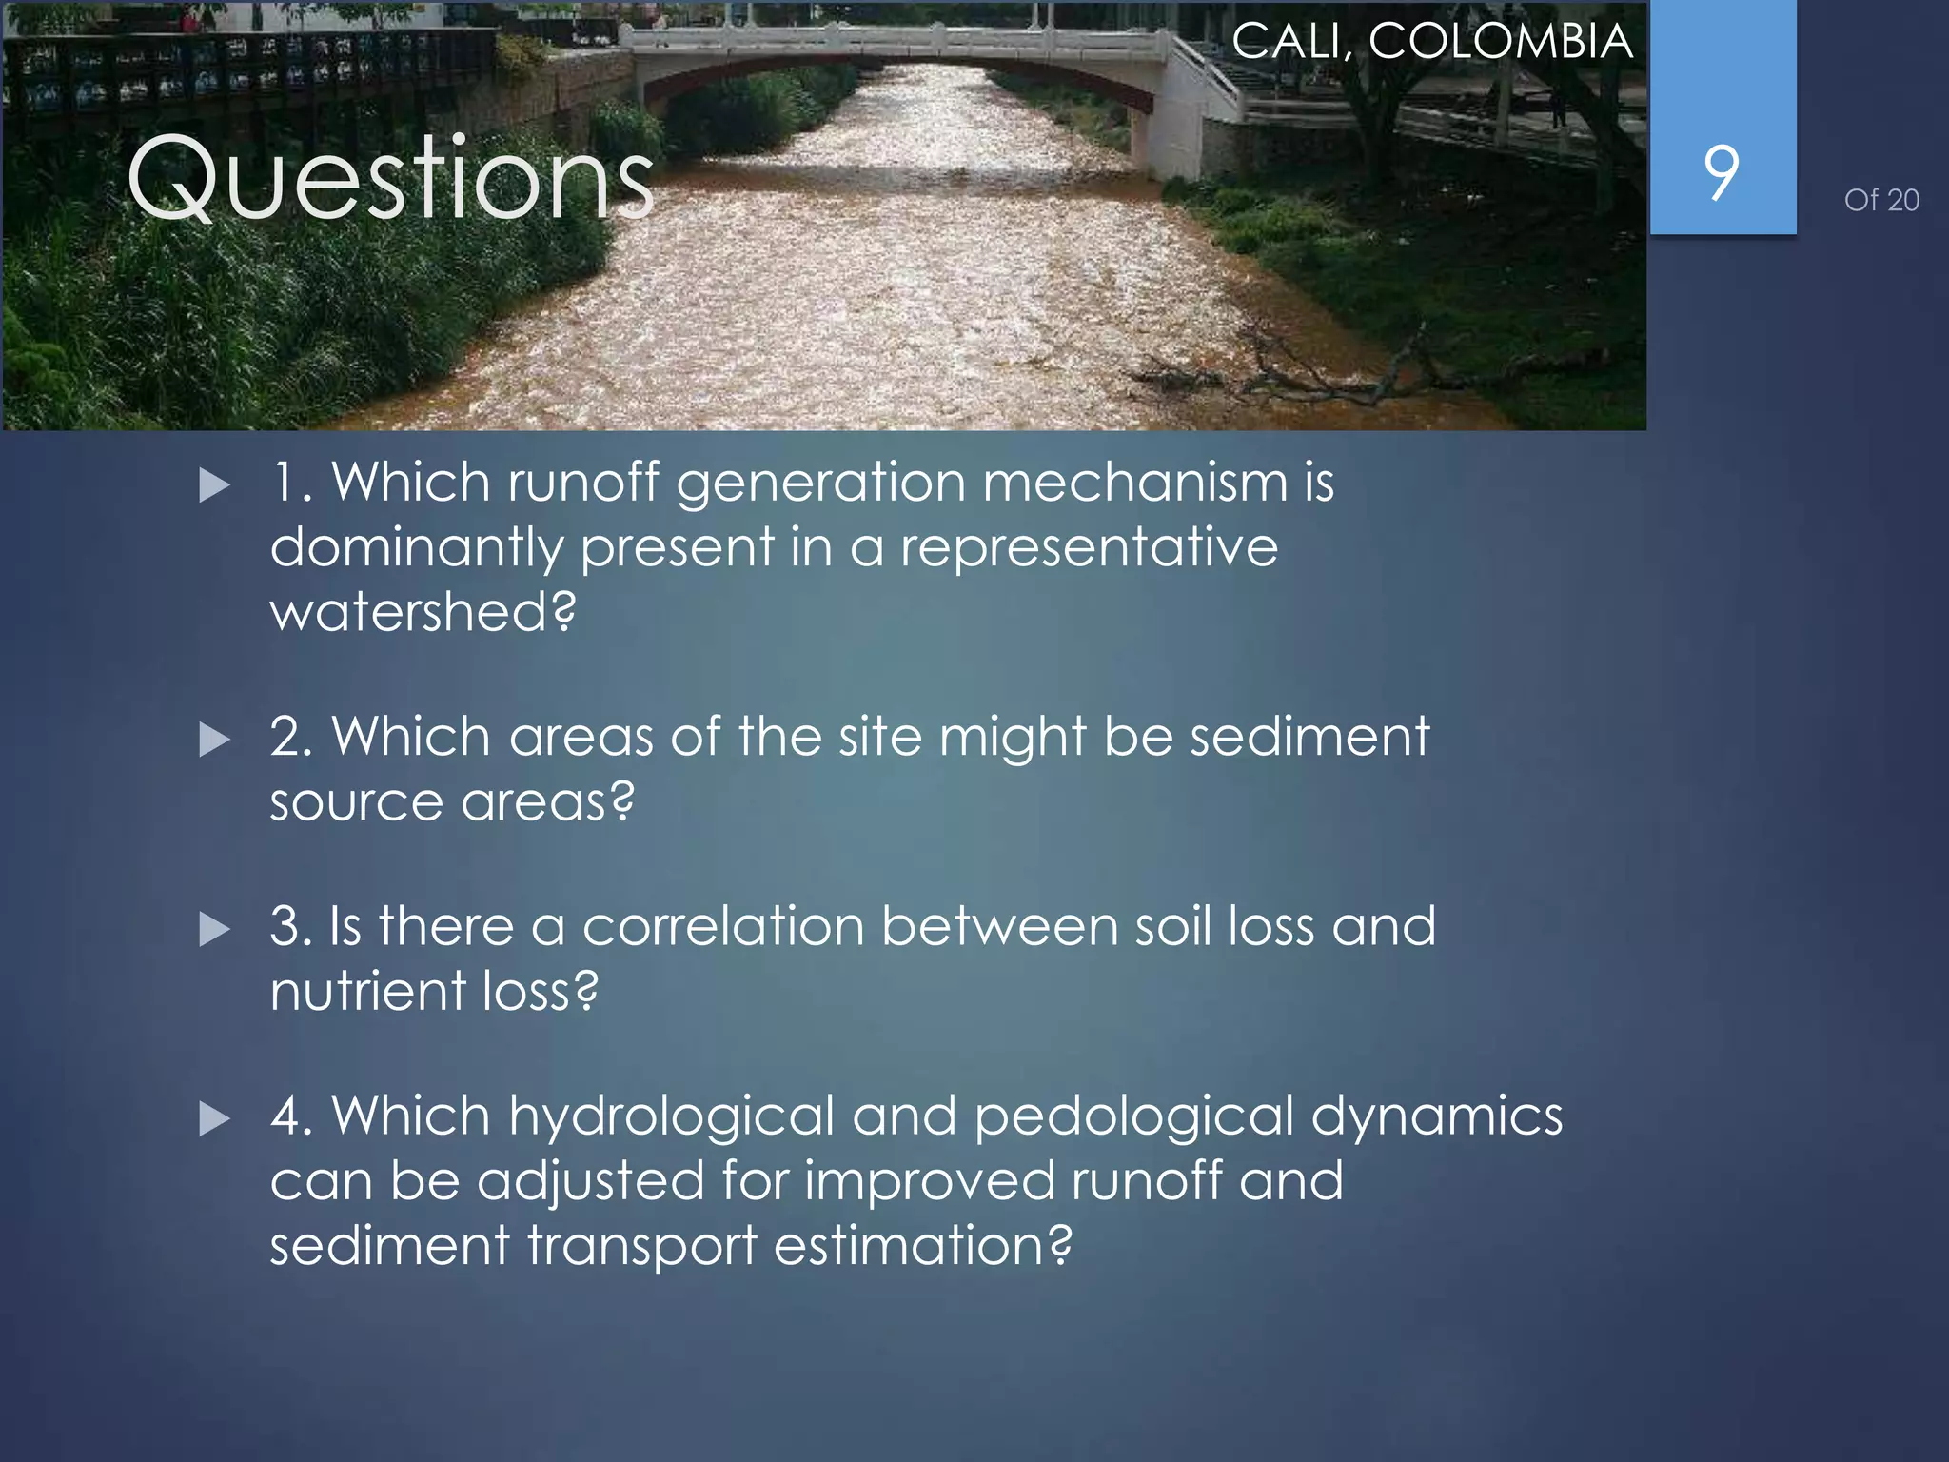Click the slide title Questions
[390, 179]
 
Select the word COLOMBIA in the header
[1501, 42]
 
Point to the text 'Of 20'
[1880, 200]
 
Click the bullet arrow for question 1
[215, 485]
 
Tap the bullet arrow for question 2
[215, 740]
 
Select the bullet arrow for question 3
[215, 929]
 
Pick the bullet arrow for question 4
[215, 1118]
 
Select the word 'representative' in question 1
[1089, 548]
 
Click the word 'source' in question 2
[356, 802]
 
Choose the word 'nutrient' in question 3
[367, 991]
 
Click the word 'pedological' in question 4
[1133, 1117]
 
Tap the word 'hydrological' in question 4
[671, 1117]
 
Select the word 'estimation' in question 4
[922, 1246]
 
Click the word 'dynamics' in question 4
[1436, 1117]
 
